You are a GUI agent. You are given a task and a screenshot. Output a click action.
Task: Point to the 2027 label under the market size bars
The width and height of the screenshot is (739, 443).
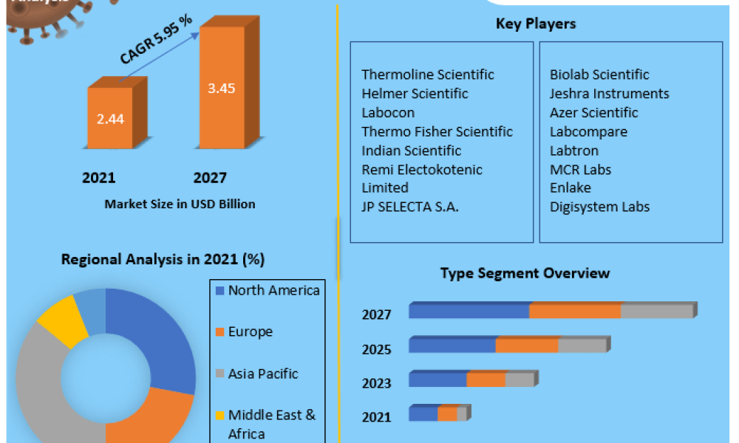(x=210, y=177)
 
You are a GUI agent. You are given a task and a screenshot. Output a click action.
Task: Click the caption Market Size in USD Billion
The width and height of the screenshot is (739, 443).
(x=180, y=204)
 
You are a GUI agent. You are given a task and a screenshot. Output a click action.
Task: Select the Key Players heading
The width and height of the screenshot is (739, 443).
(x=536, y=24)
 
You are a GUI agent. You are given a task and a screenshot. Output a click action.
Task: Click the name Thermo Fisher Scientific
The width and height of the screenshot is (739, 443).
(x=437, y=131)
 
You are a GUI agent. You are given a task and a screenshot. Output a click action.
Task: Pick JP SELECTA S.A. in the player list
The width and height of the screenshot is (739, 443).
(x=410, y=207)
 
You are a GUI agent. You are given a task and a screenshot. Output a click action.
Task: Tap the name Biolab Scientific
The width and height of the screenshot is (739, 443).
(x=599, y=75)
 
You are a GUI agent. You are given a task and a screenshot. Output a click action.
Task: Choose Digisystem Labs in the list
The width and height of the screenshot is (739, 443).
(x=599, y=207)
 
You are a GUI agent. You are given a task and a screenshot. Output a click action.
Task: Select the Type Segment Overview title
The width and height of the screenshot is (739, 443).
(x=525, y=273)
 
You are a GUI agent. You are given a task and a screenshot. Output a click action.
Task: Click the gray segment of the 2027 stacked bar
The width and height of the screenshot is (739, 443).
(x=655, y=311)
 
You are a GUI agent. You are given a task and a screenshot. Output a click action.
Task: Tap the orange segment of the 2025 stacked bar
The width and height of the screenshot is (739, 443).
(x=527, y=346)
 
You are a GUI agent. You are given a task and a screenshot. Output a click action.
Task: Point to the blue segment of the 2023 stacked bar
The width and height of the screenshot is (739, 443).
(x=437, y=380)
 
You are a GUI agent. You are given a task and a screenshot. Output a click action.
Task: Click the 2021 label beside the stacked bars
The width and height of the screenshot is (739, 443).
(x=376, y=417)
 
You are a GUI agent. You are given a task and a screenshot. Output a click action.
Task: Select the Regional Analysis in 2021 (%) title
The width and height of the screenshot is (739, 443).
(x=163, y=259)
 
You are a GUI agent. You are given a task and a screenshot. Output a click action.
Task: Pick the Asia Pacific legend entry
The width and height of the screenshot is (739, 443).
(x=263, y=374)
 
